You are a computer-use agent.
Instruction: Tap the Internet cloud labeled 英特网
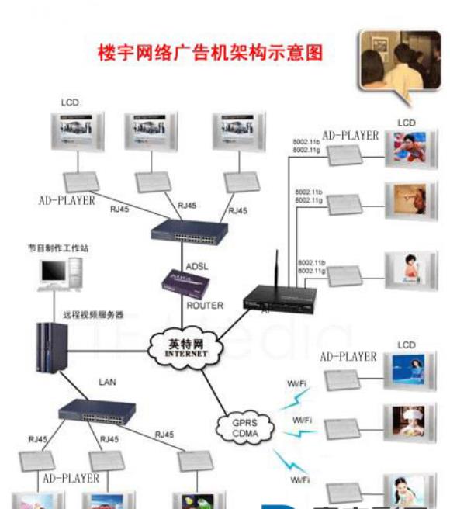189,347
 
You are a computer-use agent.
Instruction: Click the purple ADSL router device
185,283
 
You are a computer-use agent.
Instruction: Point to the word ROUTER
205,306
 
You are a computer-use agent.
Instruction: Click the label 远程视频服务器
93,315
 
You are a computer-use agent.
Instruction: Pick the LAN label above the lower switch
107,383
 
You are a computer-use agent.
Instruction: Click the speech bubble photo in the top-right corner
393,62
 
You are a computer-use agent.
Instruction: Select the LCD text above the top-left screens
69,102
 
